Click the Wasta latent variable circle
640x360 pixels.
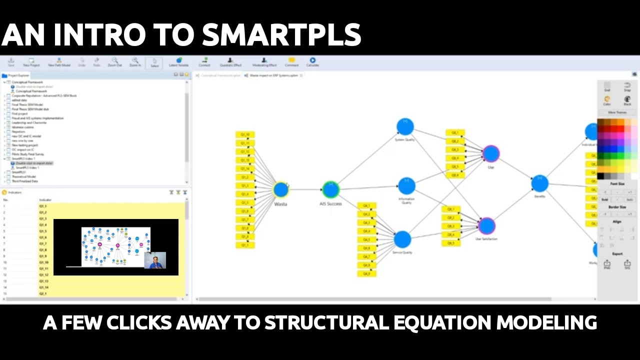point(281,189)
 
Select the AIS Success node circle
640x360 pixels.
point(330,189)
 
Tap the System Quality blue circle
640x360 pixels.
point(405,126)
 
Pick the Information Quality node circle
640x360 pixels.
point(406,186)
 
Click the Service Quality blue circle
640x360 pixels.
point(402,239)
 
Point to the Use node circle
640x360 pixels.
point(491,153)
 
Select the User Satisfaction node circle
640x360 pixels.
point(486,226)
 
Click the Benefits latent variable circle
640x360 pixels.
point(539,183)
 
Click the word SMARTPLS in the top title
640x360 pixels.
point(281,35)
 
